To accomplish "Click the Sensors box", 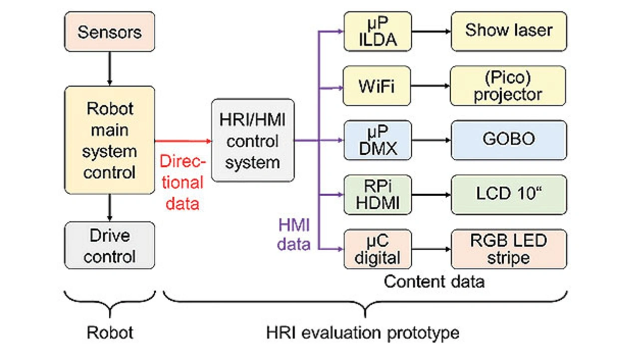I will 109,32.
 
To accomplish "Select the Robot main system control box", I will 109,140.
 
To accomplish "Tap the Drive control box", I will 109,246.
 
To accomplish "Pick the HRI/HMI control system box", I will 252,140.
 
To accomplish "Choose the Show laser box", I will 508,31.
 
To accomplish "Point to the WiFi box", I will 377,85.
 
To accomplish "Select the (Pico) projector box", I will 508,85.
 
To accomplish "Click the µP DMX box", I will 377,140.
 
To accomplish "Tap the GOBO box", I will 508,140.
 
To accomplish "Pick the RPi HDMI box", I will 377,194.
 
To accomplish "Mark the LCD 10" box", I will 508,194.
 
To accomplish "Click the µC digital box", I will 377,249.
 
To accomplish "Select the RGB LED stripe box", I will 508,249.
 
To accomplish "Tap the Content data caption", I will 434,282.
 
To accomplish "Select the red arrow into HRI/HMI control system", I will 183,140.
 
